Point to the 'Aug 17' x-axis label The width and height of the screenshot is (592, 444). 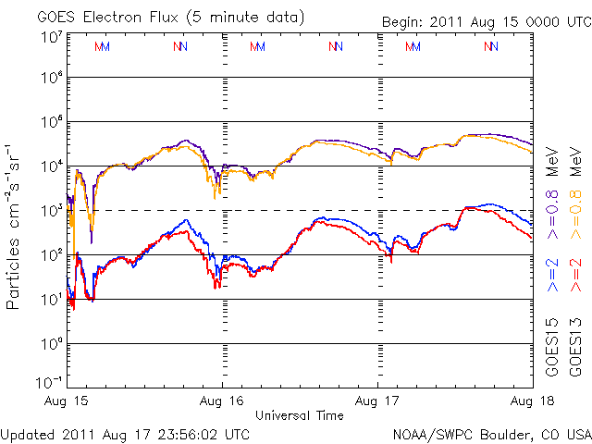click(377, 401)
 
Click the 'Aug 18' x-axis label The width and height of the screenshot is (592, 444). click(532, 401)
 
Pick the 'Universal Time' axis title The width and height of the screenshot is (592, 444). click(299, 415)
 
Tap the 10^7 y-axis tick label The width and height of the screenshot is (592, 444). click(51, 37)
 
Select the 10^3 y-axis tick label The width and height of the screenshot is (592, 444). click(51, 210)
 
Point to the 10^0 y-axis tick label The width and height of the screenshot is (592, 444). click(51, 343)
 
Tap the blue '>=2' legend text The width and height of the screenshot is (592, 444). click(552, 275)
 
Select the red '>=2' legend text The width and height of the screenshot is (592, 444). click(574, 275)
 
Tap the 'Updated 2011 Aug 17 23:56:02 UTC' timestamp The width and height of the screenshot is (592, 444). click(125, 433)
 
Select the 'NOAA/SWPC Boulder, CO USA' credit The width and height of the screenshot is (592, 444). click(490, 433)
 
